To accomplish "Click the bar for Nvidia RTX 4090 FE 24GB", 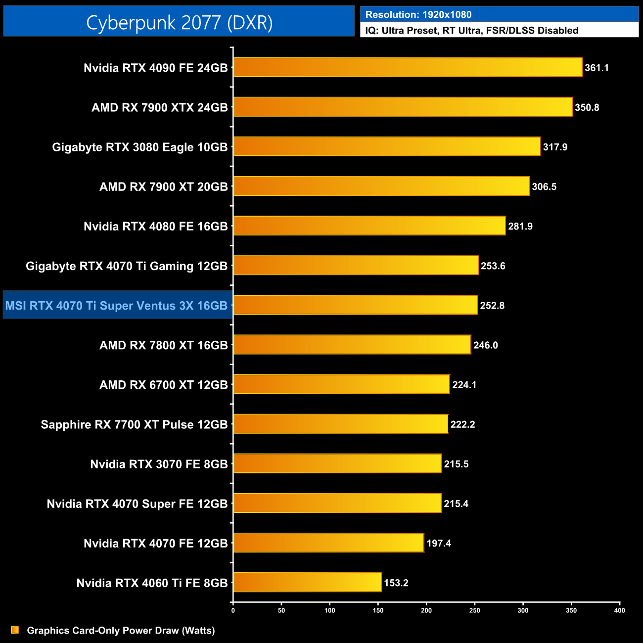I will point(408,67).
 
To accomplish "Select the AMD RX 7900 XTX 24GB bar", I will point(403,107).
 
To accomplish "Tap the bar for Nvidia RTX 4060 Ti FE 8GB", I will point(307,582).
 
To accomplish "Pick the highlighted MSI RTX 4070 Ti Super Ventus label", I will point(117,306).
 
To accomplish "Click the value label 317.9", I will point(555,147).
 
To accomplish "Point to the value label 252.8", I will point(492,306).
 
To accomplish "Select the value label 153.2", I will point(396,583).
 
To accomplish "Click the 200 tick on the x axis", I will point(426,610).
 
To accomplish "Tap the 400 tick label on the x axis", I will point(619,610).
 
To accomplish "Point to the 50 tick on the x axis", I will point(281,610).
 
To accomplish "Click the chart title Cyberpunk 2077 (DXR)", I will point(179,22).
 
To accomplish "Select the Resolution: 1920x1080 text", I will point(418,15).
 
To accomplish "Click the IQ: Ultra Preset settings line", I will point(471,31).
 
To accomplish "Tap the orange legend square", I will point(15,630).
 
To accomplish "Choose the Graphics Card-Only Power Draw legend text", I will point(121,630).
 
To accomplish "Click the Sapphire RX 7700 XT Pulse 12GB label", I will point(134,424).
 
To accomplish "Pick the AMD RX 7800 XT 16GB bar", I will point(352,345).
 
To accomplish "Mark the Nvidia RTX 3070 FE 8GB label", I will point(159,464).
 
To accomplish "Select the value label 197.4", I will point(439,543).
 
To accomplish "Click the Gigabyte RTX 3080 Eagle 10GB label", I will point(139,147).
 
